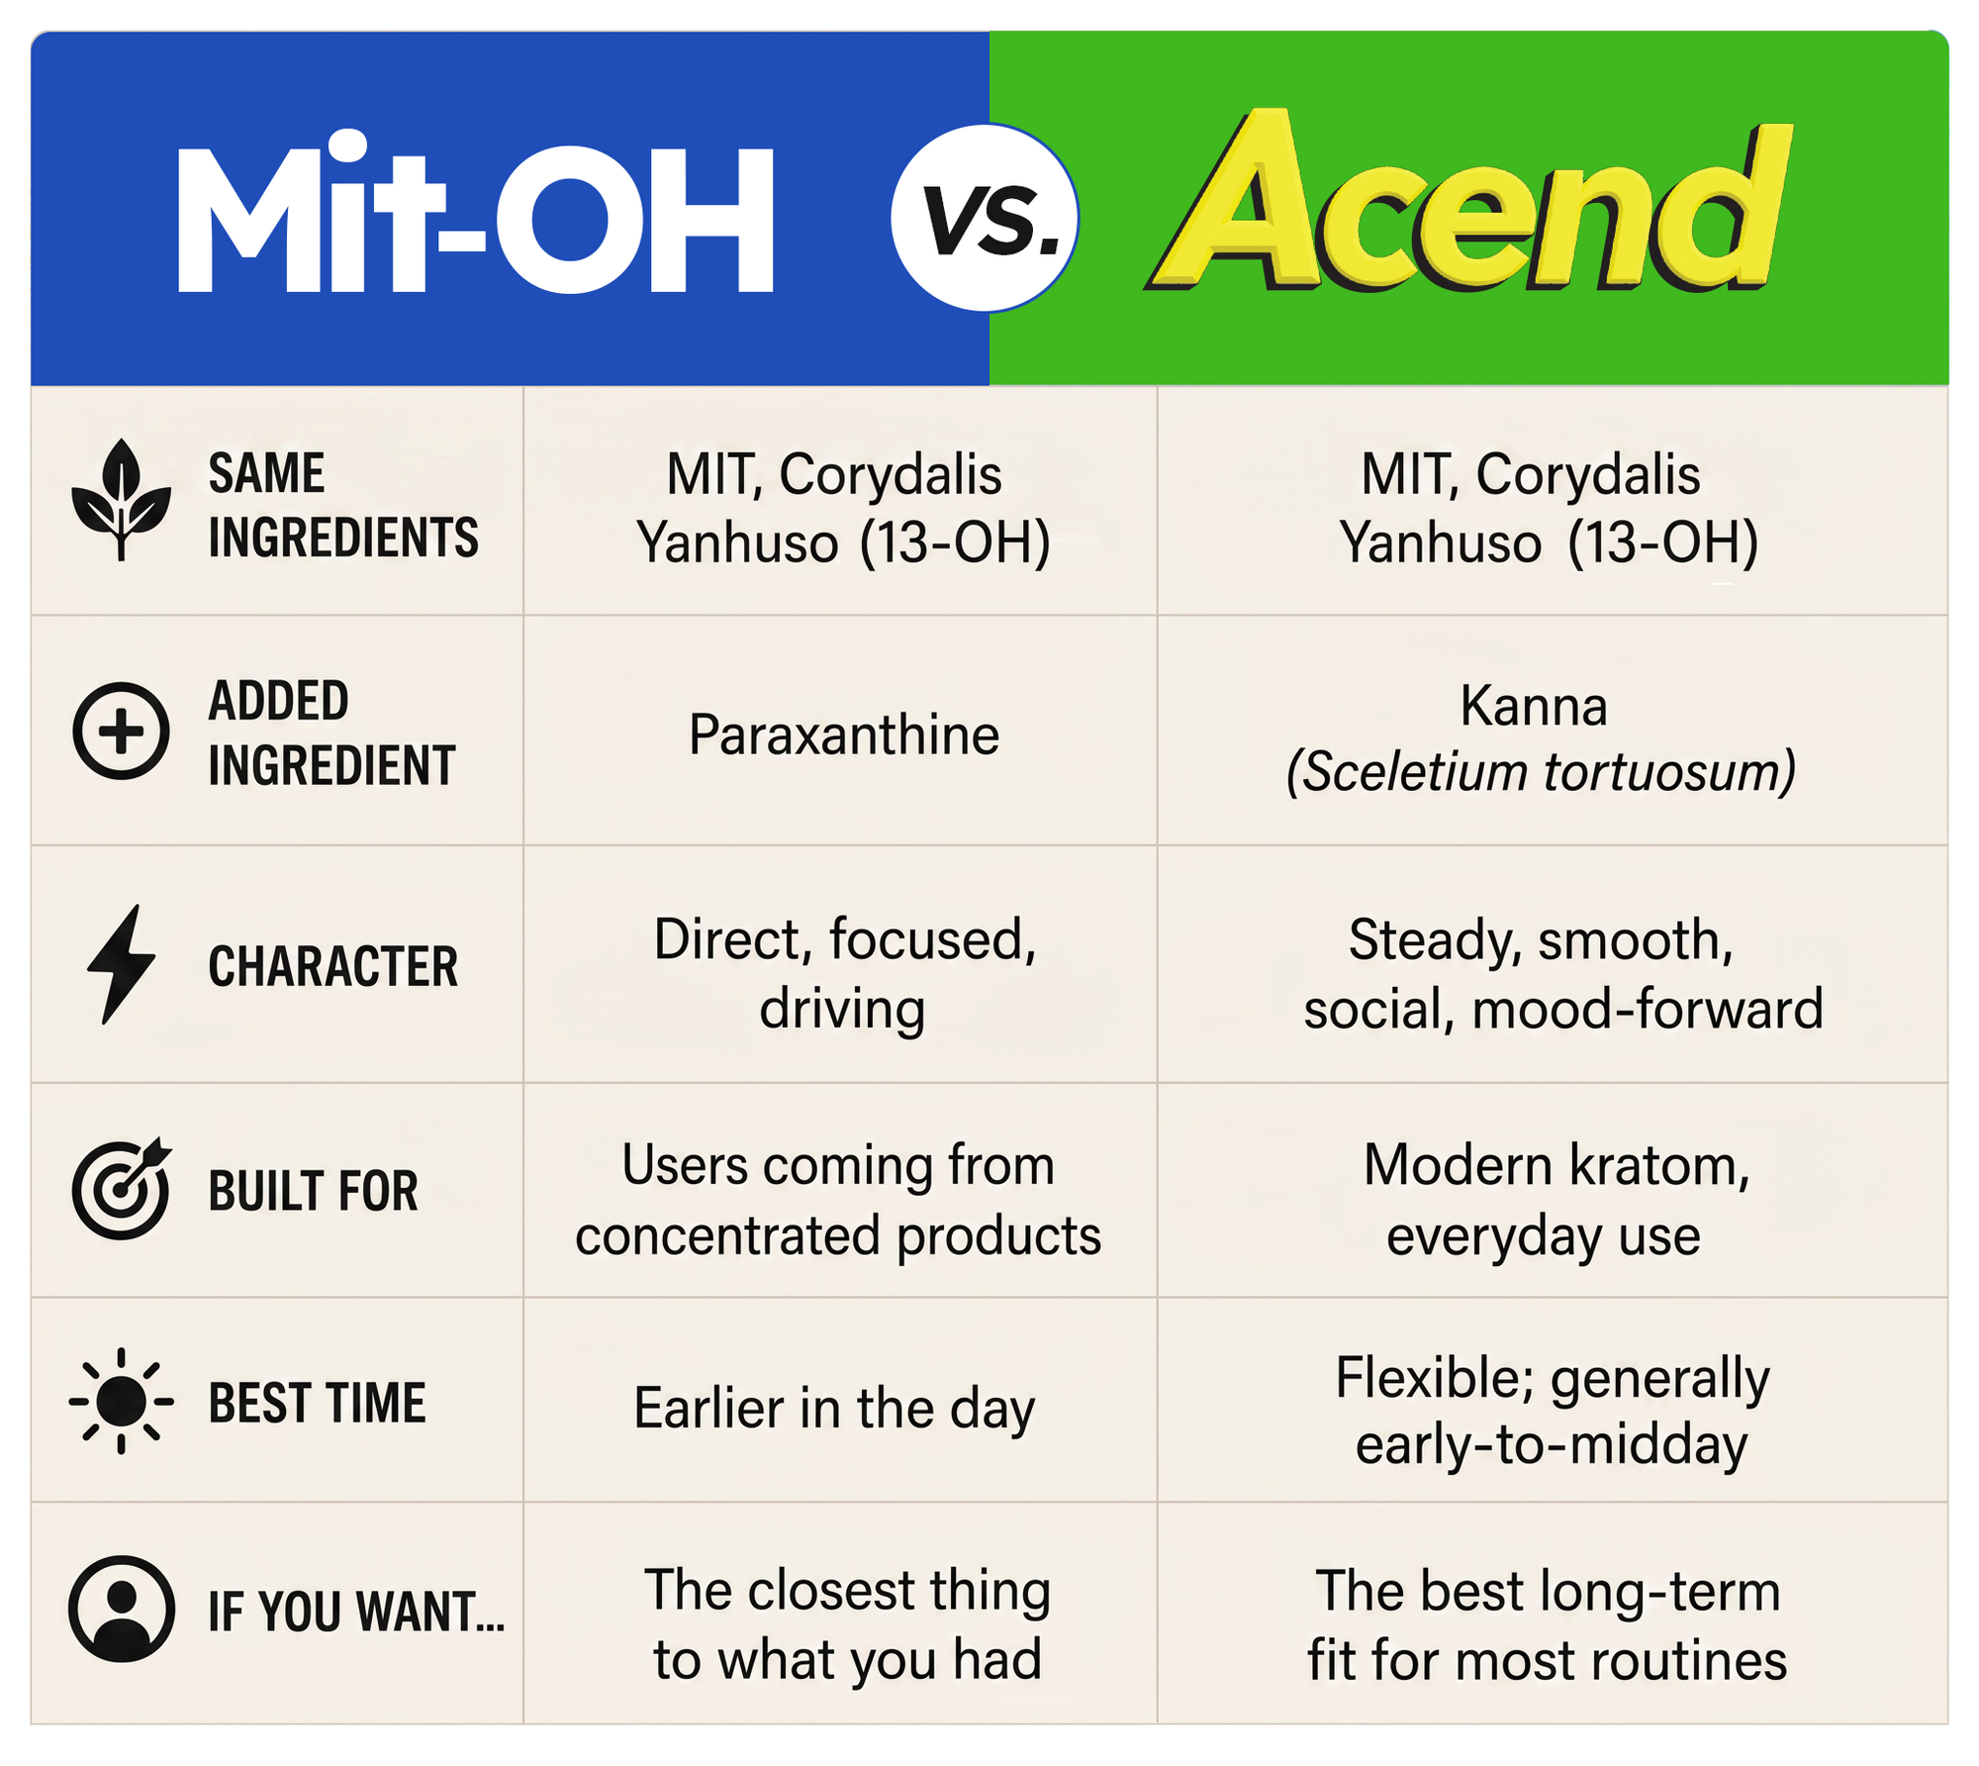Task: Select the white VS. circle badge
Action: tap(985, 218)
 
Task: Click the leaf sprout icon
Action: tap(121, 499)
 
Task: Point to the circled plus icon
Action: tap(121, 731)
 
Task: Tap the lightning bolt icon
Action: tap(121, 963)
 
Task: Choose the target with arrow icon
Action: tap(121, 1188)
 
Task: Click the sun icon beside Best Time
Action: tap(121, 1401)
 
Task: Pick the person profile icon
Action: tap(121, 1609)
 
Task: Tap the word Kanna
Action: tap(1534, 706)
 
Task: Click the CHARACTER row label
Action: tap(333, 966)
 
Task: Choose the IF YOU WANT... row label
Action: tap(356, 1611)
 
